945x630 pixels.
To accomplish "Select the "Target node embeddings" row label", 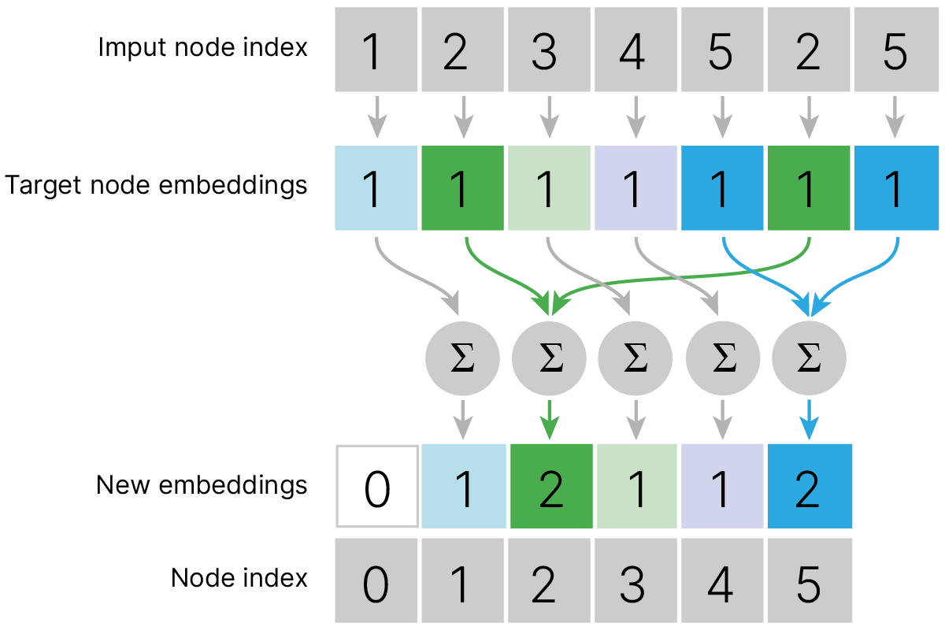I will click(156, 186).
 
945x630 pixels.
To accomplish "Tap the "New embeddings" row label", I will click(202, 484).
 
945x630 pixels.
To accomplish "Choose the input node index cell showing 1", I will click(376, 49).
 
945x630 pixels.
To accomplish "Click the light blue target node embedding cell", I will click(376, 189).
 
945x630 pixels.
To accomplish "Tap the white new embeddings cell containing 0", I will click(376, 487).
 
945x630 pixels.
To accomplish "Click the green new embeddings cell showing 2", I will click(551, 487).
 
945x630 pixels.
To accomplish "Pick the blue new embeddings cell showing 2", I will click(810, 487).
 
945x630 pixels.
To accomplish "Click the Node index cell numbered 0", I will click(376, 580).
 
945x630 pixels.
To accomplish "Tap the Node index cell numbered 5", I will click(810, 580).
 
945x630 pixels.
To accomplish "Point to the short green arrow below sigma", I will click(550, 420).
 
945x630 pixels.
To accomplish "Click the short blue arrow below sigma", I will click(810, 420).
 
